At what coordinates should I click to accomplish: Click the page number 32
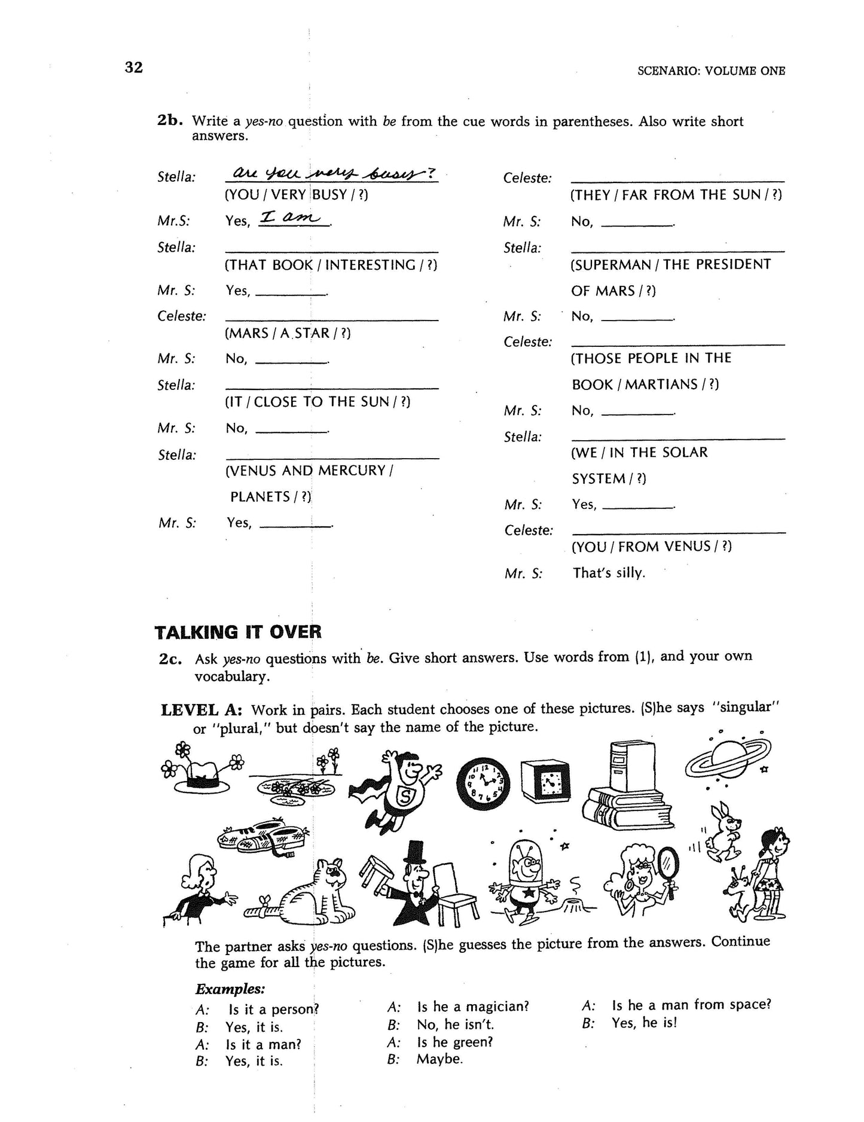[x=134, y=68]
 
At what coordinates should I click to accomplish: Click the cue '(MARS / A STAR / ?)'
[x=288, y=333]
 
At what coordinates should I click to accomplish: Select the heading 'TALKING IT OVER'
[x=238, y=632]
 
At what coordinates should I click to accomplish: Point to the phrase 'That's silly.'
[x=609, y=573]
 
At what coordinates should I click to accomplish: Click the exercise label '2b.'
[x=169, y=120]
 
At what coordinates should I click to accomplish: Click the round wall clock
[x=483, y=784]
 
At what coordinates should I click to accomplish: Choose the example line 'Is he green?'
[x=455, y=1042]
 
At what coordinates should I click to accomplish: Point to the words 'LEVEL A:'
[x=201, y=710]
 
